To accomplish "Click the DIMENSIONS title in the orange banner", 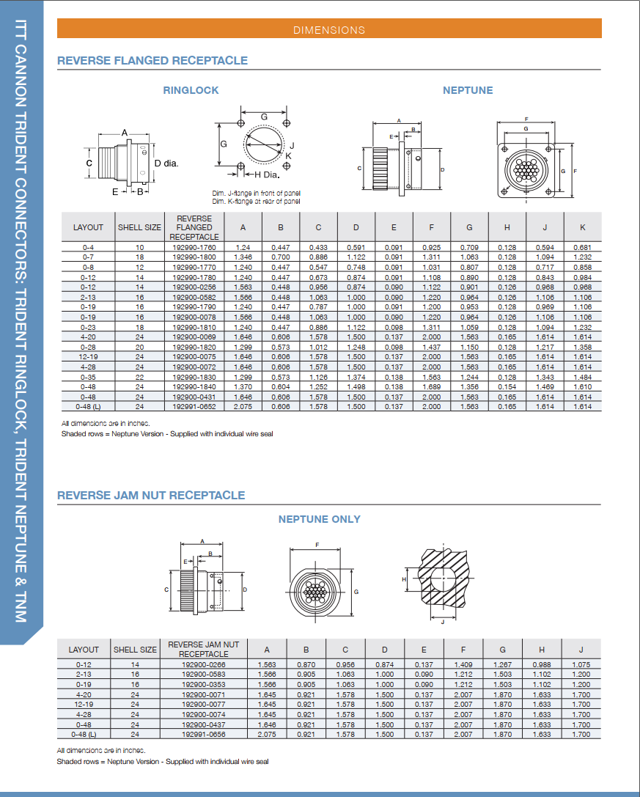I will point(329,30).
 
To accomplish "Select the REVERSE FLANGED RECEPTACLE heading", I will point(152,61).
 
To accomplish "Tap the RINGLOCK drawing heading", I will point(191,90).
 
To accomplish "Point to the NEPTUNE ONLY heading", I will point(319,519).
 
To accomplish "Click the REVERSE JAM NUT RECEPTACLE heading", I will point(151,496).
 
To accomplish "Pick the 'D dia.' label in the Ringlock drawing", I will point(166,163).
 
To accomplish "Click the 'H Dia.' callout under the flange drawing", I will point(267,175).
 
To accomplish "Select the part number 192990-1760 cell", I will point(194,248).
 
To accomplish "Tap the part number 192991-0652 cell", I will point(194,406).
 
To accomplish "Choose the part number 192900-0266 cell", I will point(204,665).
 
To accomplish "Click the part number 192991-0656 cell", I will point(204,734).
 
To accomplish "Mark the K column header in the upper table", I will point(583,227).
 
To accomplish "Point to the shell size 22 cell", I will point(139,377).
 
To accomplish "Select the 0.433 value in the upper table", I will point(318,248).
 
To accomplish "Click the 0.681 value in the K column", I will point(583,248).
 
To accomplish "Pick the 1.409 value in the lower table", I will point(463,665).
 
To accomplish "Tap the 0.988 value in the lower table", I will point(542,665).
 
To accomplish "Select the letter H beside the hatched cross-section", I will point(405,579).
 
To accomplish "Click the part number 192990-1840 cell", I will point(194,386).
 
